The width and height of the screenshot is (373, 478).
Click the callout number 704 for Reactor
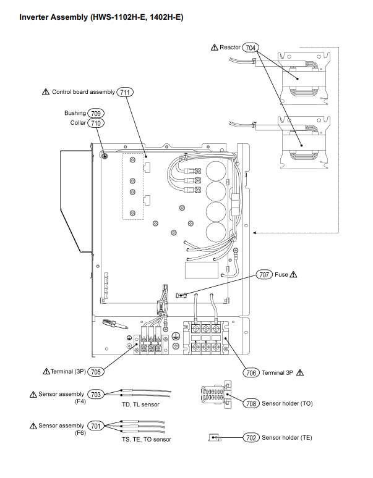click(x=251, y=48)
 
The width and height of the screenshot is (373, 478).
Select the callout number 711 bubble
click(x=125, y=92)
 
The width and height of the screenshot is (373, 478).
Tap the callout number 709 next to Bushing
click(x=96, y=114)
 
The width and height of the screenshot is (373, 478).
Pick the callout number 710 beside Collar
click(x=96, y=123)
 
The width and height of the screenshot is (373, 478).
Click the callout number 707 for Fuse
click(x=264, y=275)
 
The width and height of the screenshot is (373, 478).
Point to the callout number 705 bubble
click(x=96, y=372)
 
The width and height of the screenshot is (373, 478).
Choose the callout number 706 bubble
click(x=251, y=372)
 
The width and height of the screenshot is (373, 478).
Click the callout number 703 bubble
click(x=96, y=394)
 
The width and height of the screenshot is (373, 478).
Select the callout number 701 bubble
click(x=96, y=426)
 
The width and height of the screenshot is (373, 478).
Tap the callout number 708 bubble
click(x=251, y=404)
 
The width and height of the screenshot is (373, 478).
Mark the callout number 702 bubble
click(x=251, y=438)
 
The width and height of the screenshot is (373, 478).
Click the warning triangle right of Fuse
click(x=293, y=275)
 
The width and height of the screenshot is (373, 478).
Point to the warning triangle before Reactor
click(x=214, y=48)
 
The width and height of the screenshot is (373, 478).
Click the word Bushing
click(x=75, y=113)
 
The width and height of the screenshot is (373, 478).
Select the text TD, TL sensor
click(x=140, y=405)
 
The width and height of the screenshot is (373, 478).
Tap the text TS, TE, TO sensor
click(x=147, y=439)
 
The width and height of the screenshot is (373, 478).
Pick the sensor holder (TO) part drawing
click(x=217, y=395)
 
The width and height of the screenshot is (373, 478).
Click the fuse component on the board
click(x=181, y=295)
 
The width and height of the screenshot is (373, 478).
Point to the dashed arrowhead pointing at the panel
click(x=255, y=233)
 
